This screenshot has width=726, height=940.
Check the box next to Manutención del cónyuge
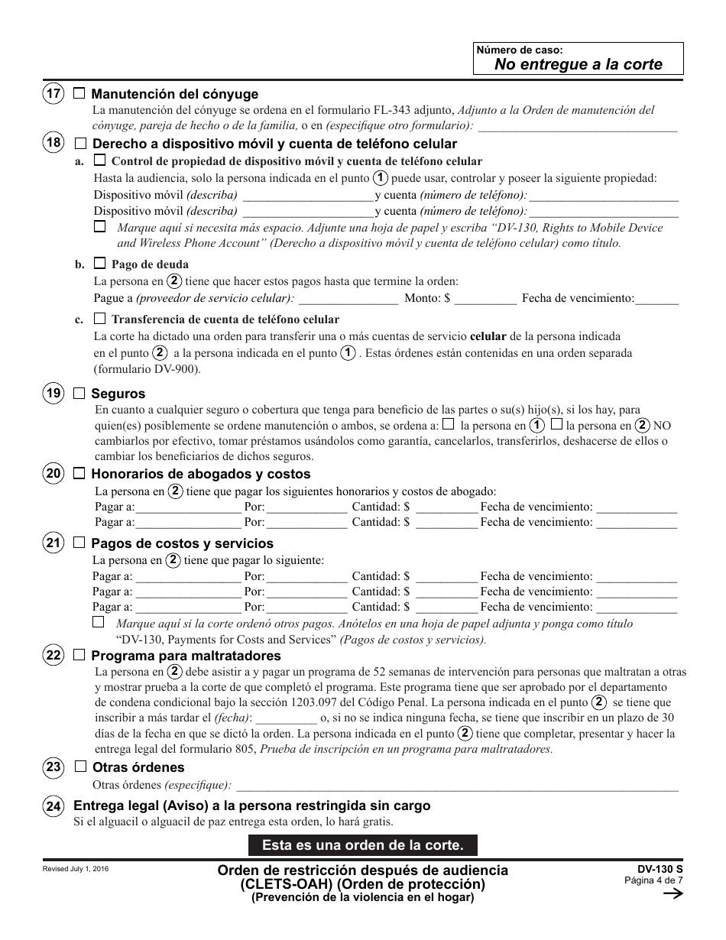tap(79, 94)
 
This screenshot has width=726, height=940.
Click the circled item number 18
tap(53, 143)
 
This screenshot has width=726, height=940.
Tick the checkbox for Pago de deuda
tap(99, 264)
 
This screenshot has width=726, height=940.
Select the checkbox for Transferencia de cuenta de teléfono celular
tap(99, 318)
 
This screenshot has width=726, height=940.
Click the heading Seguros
tap(118, 394)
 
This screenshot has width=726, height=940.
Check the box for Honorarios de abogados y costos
tap(79, 474)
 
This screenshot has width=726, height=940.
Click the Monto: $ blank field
tap(485, 300)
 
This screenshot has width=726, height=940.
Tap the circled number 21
tap(53, 543)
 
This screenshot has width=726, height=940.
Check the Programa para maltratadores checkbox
tap(79, 656)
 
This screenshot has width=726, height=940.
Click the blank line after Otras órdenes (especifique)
tap(459, 786)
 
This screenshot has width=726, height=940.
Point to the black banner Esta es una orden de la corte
tap(362, 845)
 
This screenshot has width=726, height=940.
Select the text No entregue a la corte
tap(578, 64)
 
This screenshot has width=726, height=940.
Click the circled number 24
tap(53, 806)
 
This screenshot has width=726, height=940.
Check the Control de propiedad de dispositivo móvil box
tap(99, 160)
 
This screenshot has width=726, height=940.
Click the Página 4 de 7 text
tap(653, 880)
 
